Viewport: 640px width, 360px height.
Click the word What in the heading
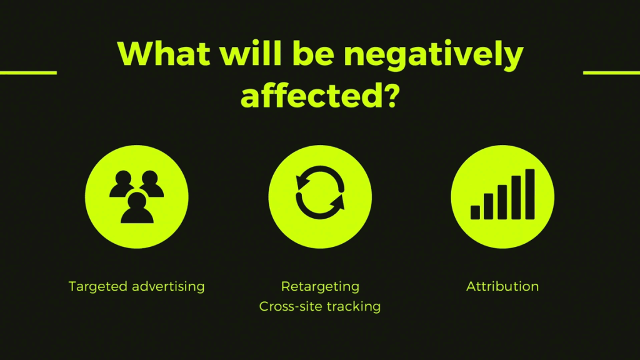click(x=164, y=53)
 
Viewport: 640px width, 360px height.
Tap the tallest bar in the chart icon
click(x=530, y=194)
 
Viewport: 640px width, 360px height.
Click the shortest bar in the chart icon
click(x=475, y=212)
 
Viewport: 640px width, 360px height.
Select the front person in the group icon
click(x=137, y=208)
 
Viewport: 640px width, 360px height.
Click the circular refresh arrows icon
click(x=320, y=192)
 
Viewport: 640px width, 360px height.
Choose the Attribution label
click(x=502, y=286)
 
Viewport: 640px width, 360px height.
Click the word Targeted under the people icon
click(x=98, y=287)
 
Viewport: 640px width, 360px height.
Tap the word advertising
click(x=168, y=287)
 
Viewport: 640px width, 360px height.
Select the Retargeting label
click(x=320, y=287)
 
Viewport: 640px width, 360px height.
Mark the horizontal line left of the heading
click(x=29, y=72)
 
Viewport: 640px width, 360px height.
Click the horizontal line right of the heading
click(x=611, y=72)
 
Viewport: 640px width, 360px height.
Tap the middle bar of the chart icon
click(x=502, y=202)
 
